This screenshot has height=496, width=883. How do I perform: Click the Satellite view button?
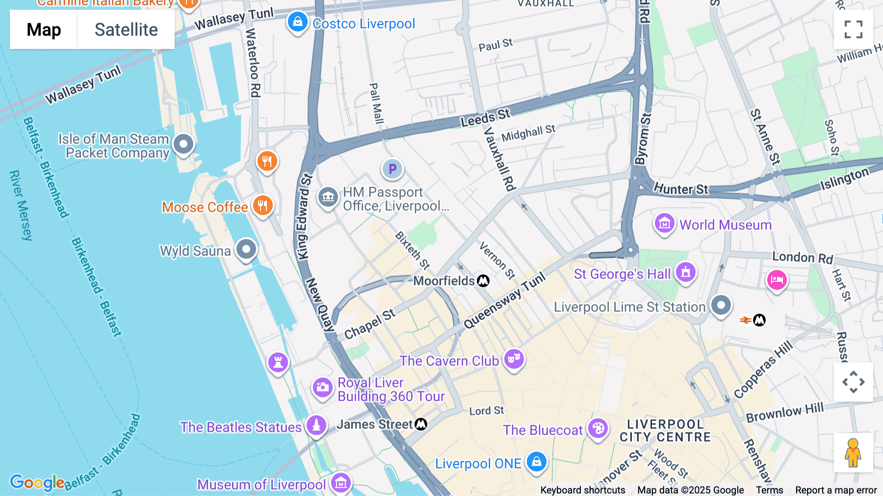click(x=126, y=29)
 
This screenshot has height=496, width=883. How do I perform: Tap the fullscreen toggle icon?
click(x=853, y=29)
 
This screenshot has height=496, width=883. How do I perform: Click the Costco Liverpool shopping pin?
click(x=297, y=22)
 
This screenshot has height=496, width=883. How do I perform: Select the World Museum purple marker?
click(x=664, y=223)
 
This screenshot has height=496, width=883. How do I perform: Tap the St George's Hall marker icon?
click(x=686, y=272)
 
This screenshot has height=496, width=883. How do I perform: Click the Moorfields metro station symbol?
click(x=483, y=281)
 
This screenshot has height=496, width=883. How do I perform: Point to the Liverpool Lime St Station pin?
click(x=721, y=305)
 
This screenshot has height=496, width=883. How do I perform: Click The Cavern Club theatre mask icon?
click(x=514, y=359)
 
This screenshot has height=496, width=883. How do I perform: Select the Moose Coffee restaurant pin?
click(x=263, y=205)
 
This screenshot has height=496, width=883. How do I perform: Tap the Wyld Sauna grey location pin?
click(x=246, y=249)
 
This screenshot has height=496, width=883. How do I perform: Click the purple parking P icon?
click(x=392, y=169)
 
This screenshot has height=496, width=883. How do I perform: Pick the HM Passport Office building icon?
click(x=328, y=197)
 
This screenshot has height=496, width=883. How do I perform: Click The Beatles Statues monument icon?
click(x=316, y=425)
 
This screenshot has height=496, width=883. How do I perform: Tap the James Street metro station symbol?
click(x=421, y=424)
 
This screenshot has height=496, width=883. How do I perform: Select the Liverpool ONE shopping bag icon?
click(x=537, y=462)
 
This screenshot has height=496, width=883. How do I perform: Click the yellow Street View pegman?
click(x=853, y=452)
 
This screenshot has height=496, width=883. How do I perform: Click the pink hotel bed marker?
click(x=777, y=280)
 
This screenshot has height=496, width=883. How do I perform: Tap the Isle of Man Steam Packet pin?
click(x=184, y=144)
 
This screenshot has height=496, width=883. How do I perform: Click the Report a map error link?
click(x=836, y=490)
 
